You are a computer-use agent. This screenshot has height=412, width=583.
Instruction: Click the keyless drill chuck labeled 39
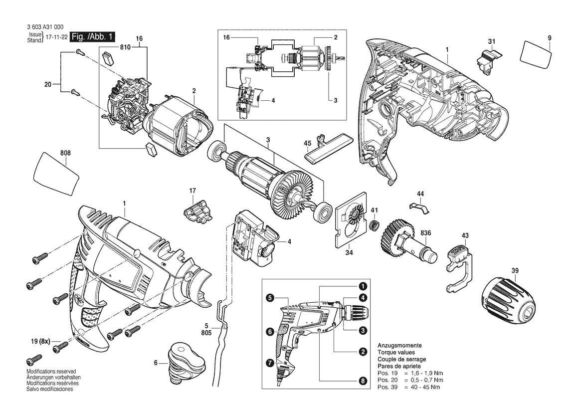(x=510, y=297)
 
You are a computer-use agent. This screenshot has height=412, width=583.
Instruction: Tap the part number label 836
(x=426, y=233)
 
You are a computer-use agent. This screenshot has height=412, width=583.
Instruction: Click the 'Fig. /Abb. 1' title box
(x=93, y=36)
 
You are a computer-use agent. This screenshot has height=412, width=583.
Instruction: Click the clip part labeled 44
(x=420, y=207)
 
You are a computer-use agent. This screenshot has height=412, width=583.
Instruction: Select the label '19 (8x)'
(x=40, y=341)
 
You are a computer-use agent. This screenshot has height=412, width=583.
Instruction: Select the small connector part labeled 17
(x=196, y=211)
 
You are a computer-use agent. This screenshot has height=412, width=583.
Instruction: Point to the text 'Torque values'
(x=396, y=352)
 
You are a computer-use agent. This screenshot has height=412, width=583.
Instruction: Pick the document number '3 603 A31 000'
(x=45, y=27)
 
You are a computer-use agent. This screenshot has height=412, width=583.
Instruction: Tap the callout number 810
(x=125, y=47)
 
